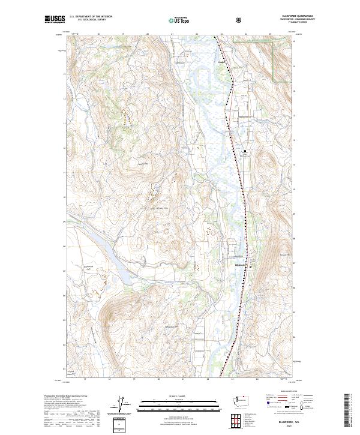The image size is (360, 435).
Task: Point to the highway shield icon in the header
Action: (206, 19)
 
